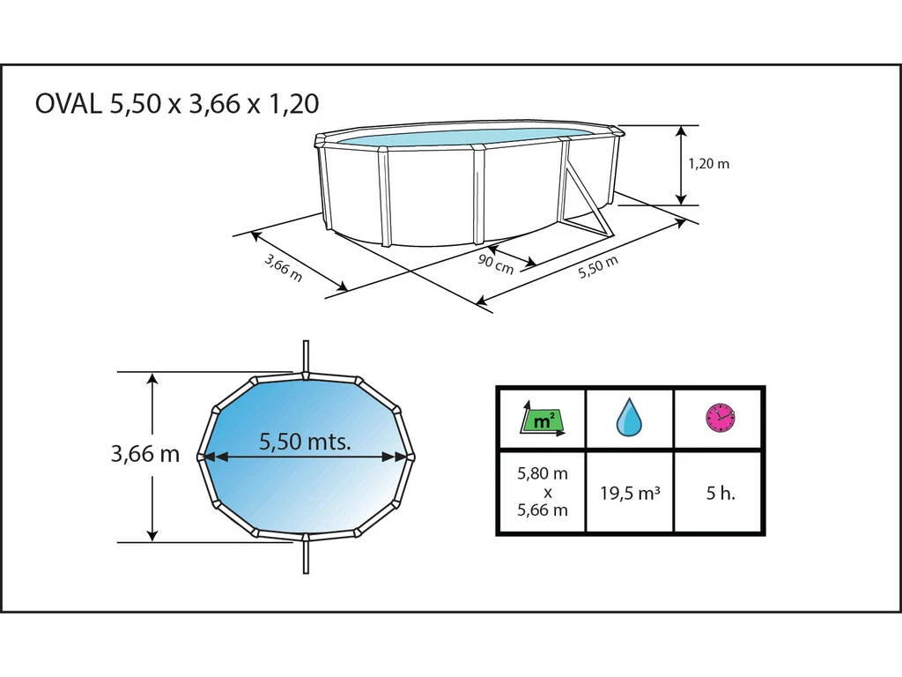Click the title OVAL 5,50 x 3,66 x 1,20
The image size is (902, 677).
point(177,104)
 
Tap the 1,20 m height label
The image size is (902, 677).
point(709,164)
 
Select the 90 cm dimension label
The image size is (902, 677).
point(495,264)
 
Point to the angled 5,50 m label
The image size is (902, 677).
point(598,267)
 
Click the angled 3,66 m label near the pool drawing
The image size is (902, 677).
point(283,268)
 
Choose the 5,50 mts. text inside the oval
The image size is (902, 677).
point(305,442)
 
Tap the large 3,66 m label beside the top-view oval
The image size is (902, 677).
point(145,454)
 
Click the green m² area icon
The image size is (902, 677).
point(543,420)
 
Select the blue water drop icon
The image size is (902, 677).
point(629,417)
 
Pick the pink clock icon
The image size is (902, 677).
point(721,417)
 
